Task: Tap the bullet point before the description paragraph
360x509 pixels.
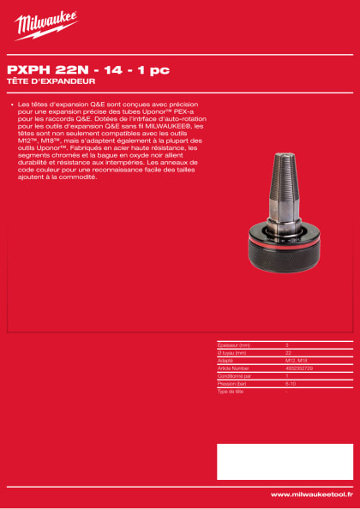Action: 10,105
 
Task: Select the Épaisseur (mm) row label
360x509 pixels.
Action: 232,344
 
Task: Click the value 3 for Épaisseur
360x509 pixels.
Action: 286,344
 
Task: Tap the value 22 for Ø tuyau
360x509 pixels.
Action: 288,351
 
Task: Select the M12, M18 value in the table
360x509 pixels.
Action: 295,359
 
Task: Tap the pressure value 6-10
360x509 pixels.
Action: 290,382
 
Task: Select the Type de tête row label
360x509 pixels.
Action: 231,390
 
